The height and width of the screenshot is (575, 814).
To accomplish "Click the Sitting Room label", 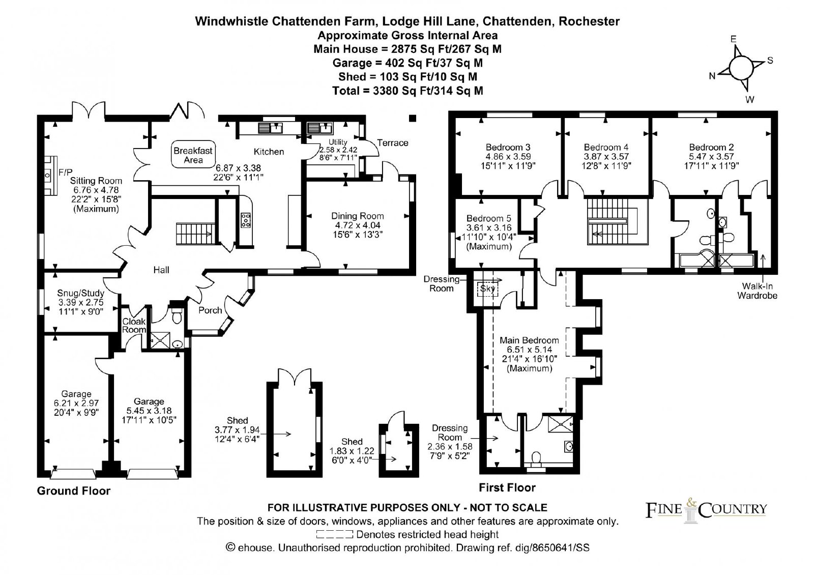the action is (96, 181).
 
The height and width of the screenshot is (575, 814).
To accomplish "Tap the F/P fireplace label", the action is (66, 171).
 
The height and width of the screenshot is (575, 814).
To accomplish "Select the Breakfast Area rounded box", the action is (193, 155).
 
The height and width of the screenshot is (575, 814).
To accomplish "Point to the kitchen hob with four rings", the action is (246, 220).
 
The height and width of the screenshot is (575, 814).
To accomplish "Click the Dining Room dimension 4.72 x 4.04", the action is (358, 225).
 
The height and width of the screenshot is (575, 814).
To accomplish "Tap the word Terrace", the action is (392, 143).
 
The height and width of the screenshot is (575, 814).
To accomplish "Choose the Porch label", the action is (210, 310).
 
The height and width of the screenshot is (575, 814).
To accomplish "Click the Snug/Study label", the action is (81, 293).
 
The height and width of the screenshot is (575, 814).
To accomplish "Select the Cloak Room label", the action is (134, 325).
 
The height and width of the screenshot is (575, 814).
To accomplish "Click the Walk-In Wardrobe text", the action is (758, 291).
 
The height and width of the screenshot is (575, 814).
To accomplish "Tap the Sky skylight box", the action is (487, 289).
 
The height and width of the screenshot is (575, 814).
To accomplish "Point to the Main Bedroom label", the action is (529, 340).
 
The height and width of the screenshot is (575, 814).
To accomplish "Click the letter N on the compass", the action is (712, 76).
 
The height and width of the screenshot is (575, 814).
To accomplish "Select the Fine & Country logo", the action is (706, 510).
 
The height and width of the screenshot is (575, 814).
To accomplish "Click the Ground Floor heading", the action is (73, 491).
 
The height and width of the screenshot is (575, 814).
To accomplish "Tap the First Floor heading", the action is (507, 488).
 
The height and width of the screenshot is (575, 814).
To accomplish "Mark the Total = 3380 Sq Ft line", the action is (408, 91).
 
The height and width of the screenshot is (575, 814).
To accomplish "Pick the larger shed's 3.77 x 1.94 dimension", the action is (237, 430).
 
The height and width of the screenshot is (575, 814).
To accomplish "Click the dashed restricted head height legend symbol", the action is (334, 534).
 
